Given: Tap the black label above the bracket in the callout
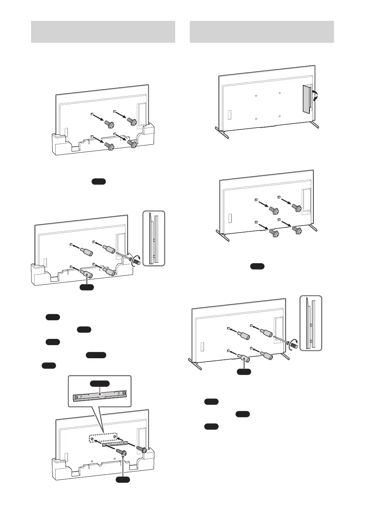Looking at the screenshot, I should [x=100, y=383].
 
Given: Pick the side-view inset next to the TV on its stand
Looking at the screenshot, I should [x=311, y=323].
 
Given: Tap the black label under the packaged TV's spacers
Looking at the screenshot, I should [x=87, y=287].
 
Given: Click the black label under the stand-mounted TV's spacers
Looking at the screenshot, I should [x=244, y=372].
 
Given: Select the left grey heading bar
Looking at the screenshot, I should [x=103, y=32].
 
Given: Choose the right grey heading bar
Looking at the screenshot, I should [x=261, y=32].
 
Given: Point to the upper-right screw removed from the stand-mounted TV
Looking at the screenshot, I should [x=296, y=208].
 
